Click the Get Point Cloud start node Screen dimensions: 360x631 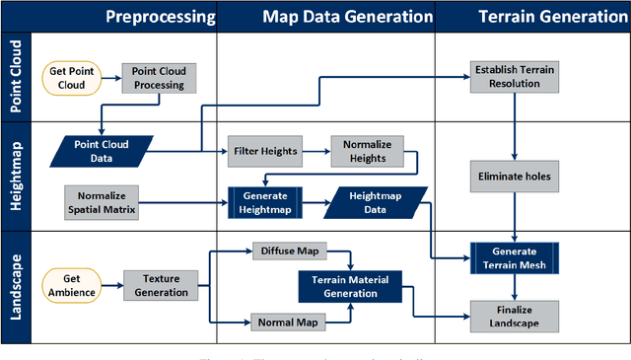point(72,79)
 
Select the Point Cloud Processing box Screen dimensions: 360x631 point(160,79)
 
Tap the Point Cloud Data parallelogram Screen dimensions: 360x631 point(102,151)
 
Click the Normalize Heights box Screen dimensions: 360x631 point(367,151)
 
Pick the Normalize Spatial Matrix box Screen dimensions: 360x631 point(103,200)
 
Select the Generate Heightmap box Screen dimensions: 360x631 point(265,201)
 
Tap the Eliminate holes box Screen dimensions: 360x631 point(515,178)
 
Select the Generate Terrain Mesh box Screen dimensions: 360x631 point(515,257)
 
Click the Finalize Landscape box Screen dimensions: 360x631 point(515,316)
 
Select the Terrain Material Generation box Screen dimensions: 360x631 point(351,286)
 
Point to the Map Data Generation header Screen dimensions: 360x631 point(333,17)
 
